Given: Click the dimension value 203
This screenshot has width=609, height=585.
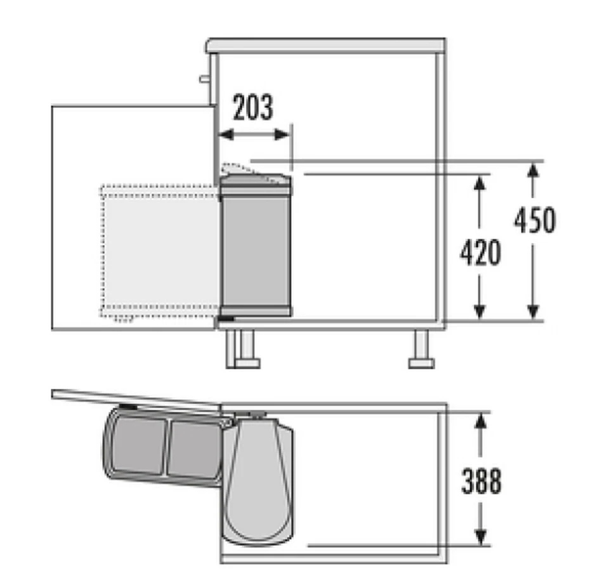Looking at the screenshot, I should click(252, 108).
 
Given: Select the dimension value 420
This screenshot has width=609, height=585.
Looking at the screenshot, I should click(480, 253).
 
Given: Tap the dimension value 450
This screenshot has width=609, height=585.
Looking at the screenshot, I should click(534, 220).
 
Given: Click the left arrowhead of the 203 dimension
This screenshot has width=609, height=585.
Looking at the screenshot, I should click(223, 135).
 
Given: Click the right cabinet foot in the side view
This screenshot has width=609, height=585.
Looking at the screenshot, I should click(421, 350).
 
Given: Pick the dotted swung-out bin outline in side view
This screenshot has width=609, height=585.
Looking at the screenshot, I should click(159, 251).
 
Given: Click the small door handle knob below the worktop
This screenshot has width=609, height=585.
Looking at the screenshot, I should click(204, 79).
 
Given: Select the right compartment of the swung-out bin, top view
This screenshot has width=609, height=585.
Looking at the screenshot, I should click(193, 449).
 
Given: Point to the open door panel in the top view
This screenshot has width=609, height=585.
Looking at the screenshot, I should click(136, 399).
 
